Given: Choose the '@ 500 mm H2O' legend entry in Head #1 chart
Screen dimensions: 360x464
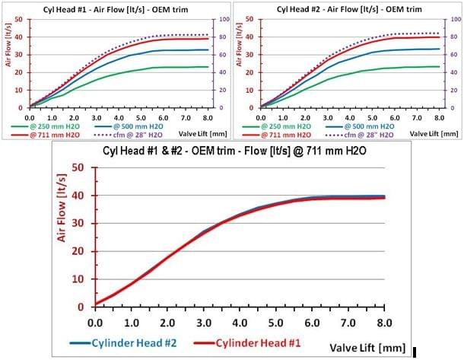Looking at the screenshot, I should pyautogui.click(x=146, y=126).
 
